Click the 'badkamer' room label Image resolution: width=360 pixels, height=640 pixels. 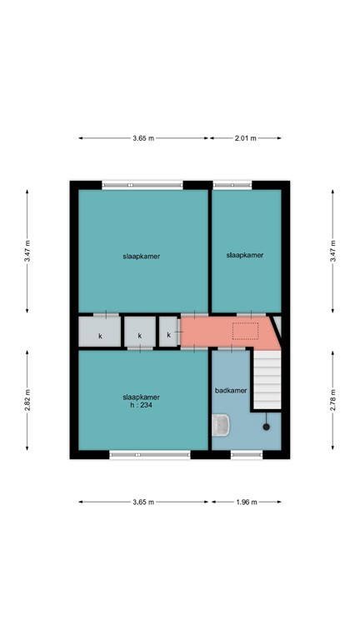click(x=230, y=390)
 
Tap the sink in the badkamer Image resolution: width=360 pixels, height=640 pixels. click(x=221, y=426)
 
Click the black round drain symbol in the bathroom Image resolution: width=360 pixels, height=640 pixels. click(x=267, y=427)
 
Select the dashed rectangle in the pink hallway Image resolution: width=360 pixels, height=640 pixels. click(x=246, y=332)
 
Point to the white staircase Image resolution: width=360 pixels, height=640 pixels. click(x=267, y=379)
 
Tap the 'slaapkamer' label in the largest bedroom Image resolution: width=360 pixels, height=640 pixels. click(x=140, y=257)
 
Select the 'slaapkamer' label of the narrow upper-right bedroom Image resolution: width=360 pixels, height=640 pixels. click(x=245, y=256)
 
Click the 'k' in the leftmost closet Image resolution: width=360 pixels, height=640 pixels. click(x=100, y=336)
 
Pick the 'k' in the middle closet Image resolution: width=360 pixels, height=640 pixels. click(x=140, y=336)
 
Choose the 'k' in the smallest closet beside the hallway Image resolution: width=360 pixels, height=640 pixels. click(x=169, y=335)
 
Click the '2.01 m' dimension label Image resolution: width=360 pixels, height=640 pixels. click(x=245, y=138)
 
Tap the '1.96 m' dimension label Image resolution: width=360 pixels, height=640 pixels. click(x=246, y=502)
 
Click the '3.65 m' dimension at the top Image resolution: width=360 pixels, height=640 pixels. click(x=143, y=138)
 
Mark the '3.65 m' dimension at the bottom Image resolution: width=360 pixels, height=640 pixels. click(x=143, y=502)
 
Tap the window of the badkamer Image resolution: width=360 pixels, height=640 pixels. click(x=247, y=454)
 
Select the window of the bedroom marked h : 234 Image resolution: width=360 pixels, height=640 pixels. click(x=150, y=454)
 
